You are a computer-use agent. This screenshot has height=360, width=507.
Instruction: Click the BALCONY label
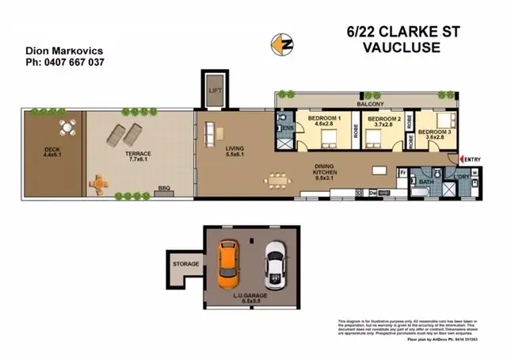click(x=370, y=104)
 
